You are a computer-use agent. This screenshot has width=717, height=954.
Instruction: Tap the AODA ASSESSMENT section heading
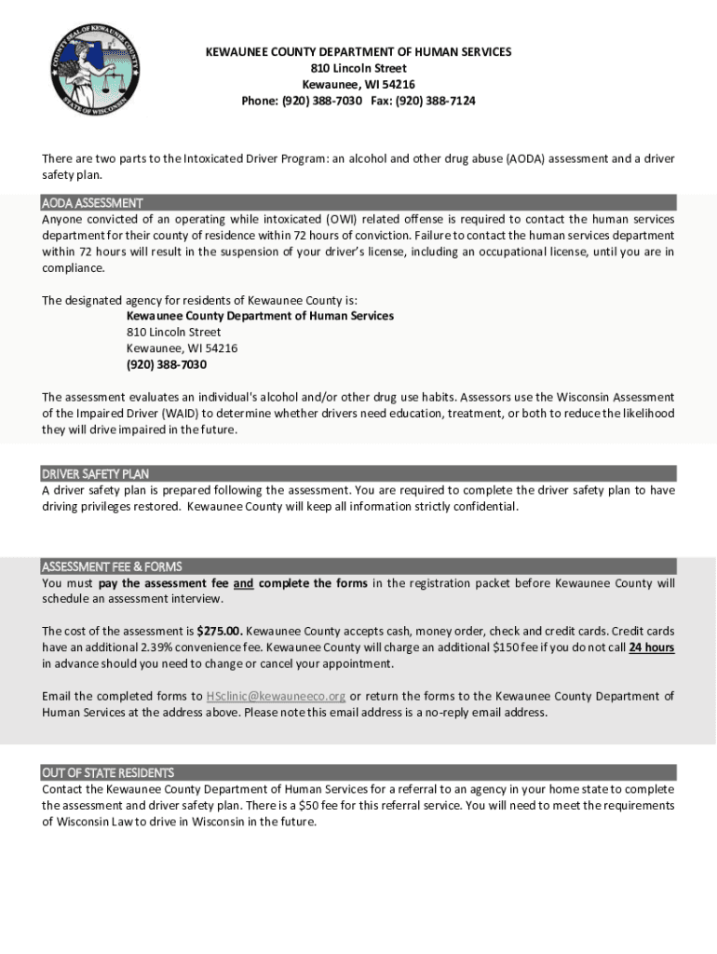coord(92,203)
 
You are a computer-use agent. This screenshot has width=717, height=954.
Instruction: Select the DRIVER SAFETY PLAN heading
coord(95,474)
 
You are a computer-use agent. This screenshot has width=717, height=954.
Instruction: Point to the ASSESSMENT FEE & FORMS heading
coord(112,566)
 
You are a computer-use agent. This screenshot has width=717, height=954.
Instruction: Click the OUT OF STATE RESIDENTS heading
coord(108,772)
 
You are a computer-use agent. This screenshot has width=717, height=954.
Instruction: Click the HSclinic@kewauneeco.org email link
coord(276,696)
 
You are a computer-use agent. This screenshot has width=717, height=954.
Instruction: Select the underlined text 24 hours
coord(652,647)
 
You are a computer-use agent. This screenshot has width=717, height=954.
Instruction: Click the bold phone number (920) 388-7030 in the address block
coord(167,364)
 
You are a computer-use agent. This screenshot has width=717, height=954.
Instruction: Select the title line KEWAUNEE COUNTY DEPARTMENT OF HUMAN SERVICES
coord(358,52)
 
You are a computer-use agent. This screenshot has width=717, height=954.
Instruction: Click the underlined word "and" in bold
coord(243,584)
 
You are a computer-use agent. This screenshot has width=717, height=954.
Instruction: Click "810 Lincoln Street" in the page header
coord(358,68)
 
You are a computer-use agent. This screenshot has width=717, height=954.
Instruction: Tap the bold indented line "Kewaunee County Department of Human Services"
coord(260,316)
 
